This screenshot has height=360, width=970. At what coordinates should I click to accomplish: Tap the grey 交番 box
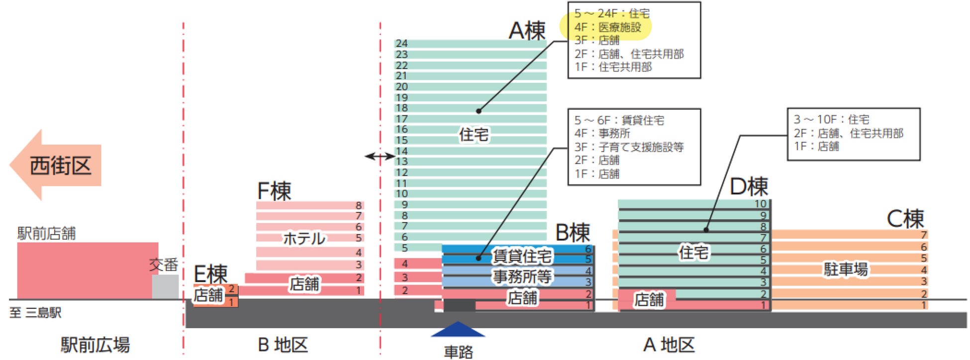[165, 286]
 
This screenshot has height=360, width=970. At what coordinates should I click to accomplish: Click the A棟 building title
[527, 31]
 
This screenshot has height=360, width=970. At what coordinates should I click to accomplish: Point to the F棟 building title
[274, 191]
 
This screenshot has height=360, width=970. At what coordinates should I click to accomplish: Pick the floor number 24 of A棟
[401, 44]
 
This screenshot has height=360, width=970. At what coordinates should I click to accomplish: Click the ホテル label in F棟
[304, 239]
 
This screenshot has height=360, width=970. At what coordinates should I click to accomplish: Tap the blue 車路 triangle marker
[458, 330]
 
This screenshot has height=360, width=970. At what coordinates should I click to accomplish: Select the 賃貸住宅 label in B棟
[522, 256]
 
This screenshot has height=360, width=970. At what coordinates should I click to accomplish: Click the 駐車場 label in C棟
[846, 270]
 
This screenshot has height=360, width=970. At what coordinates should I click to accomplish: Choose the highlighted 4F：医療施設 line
[607, 27]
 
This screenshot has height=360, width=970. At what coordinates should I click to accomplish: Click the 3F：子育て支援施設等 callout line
[629, 147]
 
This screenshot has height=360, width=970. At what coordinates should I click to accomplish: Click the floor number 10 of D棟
[760, 204]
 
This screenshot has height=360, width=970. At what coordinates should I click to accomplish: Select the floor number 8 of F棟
[358, 205]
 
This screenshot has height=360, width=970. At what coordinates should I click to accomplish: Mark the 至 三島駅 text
[35, 313]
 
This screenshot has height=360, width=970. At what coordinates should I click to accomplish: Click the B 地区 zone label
[283, 345]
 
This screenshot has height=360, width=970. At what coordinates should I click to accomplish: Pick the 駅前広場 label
[95, 345]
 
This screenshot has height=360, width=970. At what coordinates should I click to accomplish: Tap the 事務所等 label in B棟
[522, 276]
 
